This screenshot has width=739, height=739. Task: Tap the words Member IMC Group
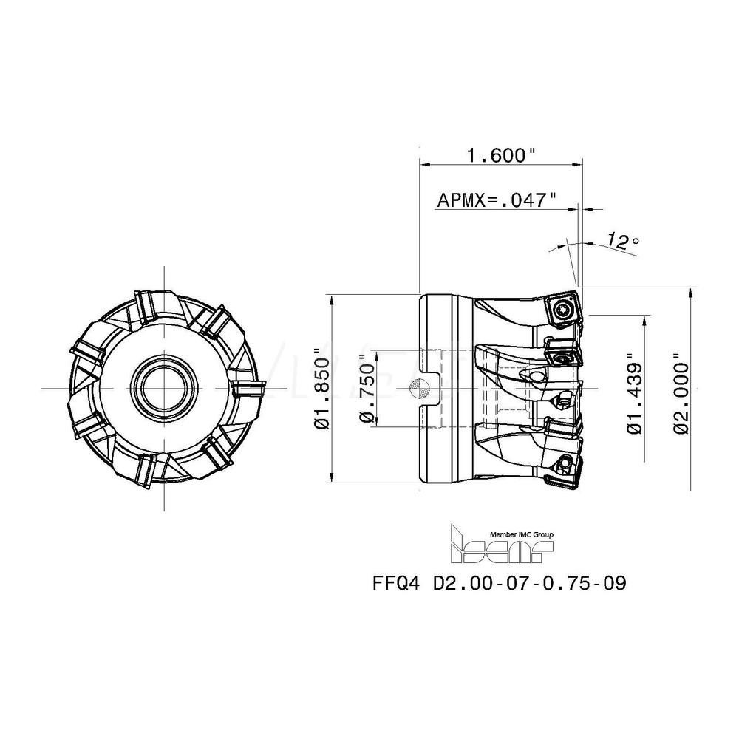(x=522, y=534)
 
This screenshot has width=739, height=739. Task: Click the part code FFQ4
(x=398, y=583)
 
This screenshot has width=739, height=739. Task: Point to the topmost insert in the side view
(x=563, y=308)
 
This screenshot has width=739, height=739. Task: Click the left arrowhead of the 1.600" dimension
(x=423, y=163)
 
